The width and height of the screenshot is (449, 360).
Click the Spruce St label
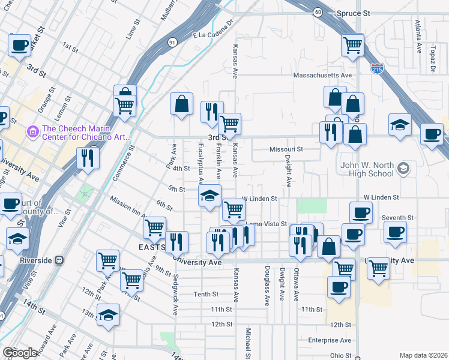[x=353, y=13]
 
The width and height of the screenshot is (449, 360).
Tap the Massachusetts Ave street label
[x=322, y=75]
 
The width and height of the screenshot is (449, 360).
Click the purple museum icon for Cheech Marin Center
[x=33, y=130]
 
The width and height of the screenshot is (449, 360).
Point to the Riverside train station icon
[x=59, y=260]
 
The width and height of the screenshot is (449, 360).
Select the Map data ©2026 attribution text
[x=423, y=355]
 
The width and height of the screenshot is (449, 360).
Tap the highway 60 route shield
[x=318, y=11]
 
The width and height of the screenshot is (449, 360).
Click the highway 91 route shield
[x=172, y=42]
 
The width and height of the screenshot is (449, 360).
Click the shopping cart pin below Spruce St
[x=352, y=44]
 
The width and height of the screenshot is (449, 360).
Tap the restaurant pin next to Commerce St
[x=88, y=158]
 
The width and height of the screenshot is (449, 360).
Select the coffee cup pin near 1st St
[x=19, y=45]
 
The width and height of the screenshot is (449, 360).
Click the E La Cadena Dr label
[x=212, y=36]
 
